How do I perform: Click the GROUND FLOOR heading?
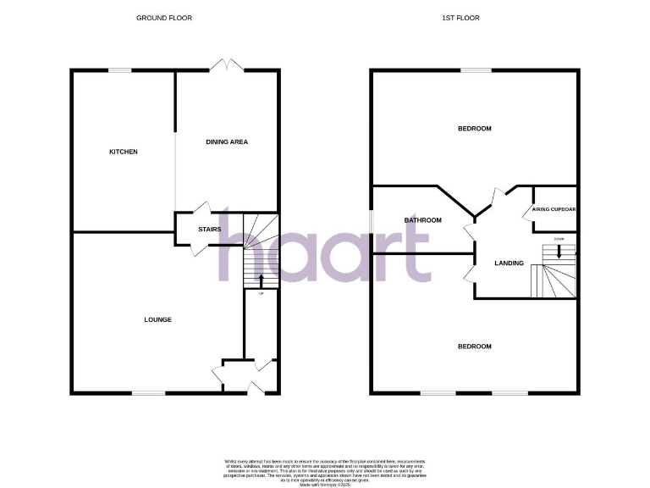(164, 18)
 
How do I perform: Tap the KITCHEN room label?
(123, 152)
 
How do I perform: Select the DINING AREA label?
(227, 141)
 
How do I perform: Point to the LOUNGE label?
(157, 319)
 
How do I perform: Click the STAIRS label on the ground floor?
(209, 230)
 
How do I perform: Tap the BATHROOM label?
(422, 220)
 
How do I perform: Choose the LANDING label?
(510, 263)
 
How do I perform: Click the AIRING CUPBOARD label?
(554, 209)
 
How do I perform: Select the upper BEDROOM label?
(474, 129)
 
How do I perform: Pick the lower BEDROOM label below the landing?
(474, 346)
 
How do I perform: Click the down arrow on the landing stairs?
(559, 252)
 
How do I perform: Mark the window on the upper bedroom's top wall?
(476, 71)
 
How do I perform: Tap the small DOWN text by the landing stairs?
(559, 239)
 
